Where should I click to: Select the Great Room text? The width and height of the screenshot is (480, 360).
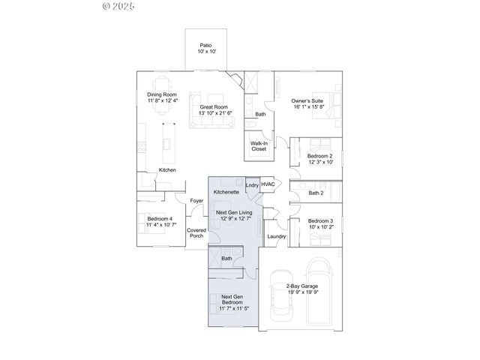pyautogui.click(x=214, y=110)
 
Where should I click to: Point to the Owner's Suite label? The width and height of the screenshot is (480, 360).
pyautogui.click(x=308, y=103)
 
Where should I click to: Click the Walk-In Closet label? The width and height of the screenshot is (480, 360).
pyautogui.click(x=259, y=145)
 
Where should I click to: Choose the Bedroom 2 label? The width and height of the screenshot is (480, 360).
pyautogui.click(x=321, y=159)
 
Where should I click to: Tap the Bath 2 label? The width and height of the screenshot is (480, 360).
pyautogui.click(x=316, y=193)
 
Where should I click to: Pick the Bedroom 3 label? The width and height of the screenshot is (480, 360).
pyautogui.click(x=321, y=223)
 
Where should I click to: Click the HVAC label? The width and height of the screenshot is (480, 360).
pyautogui.click(x=268, y=184)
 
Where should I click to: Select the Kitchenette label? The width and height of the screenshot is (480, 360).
pyautogui.click(x=226, y=192)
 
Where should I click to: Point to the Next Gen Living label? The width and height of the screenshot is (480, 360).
pyautogui.click(x=234, y=216)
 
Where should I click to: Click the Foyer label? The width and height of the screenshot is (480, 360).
pyautogui.click(x=196, y=201)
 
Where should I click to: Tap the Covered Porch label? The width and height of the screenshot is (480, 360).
pyautogui.click(x=196, y=233)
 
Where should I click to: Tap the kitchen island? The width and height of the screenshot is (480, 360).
pyautogui.click(x=166, y=142)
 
